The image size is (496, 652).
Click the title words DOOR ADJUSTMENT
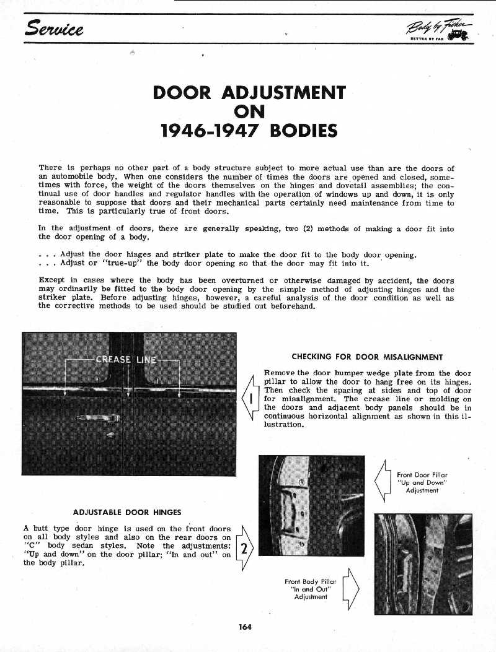point(249,93)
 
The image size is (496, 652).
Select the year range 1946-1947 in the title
point(205,131)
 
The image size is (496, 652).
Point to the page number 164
point(246,627)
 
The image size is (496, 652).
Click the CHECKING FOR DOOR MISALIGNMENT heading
point(367,357)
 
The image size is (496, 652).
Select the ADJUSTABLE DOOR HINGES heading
point(127,512)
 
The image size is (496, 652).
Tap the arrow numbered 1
point(252,398)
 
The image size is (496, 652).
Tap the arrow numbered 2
point(244,547)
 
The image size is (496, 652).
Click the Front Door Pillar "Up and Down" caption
point(422,482)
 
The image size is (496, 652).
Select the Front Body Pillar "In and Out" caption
point(311,589)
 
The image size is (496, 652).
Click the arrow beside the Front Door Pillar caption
point(383,481)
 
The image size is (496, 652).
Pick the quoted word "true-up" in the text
point(124,264)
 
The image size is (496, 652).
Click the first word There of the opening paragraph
point(50,168)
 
